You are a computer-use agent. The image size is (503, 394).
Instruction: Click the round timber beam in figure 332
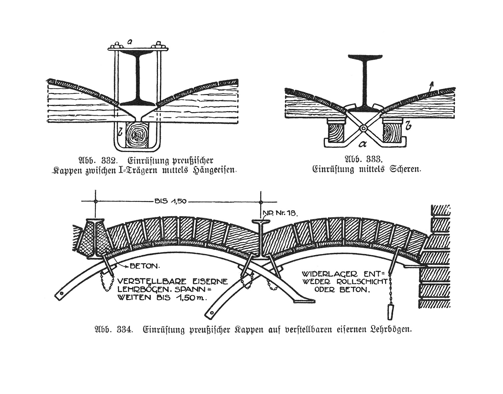pos(137,134)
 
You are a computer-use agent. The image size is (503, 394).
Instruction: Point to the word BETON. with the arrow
pos(145,266)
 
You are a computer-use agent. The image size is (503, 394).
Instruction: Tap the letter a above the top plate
pos(129,42)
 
